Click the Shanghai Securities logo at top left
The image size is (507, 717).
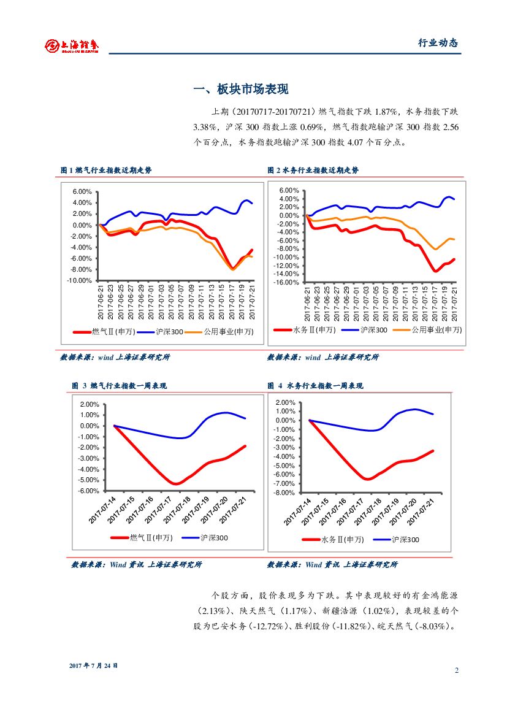72,45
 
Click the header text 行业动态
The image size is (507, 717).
438,43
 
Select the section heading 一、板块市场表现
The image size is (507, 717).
241,90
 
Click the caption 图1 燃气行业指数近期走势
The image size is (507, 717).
105,170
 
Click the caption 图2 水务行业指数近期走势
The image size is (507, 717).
313,170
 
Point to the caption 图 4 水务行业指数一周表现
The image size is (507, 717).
315,386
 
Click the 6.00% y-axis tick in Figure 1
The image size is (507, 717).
82,191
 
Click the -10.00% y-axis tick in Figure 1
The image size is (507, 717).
80,280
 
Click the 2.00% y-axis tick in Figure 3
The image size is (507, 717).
90,404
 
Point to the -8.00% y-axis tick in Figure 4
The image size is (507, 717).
286,493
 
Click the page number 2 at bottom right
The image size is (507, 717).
457,670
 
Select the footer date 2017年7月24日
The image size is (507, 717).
93,665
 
